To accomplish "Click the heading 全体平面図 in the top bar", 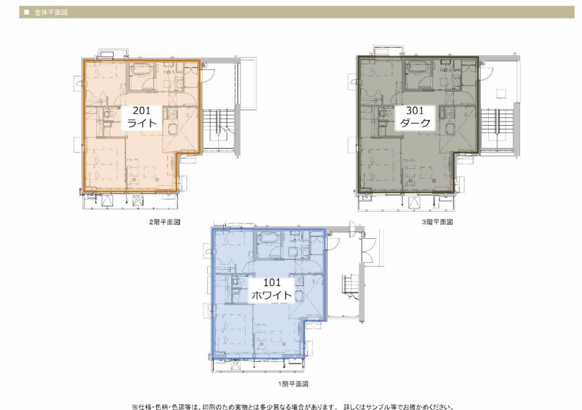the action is click(51, 13).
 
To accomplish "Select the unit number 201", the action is click(142, 110).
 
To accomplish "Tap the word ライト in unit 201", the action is click(142, 123).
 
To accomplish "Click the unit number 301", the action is click(414, 110).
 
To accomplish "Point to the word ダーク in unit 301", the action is click(414, 123).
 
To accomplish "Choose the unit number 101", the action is click(272, 283).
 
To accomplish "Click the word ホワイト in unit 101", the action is click(272, 295).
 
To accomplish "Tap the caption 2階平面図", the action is click(164, 222).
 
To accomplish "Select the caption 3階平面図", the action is click(437, 222).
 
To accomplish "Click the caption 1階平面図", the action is click(293, 384).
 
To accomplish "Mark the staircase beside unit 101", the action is click(351, 287).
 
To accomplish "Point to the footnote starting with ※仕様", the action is click(293, 407).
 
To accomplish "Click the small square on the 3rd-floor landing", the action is click(501, 93).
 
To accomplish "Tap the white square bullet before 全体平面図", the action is click(26, 13).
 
